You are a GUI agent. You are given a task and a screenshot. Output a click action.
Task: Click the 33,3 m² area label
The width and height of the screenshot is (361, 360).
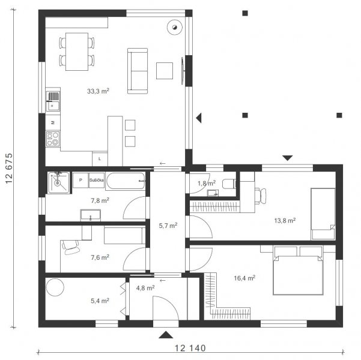coord(98,91)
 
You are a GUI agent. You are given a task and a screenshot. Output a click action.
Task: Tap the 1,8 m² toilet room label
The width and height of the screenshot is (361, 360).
coord(207,183)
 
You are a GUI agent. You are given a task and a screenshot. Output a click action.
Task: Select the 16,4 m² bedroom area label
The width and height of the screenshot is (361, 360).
coord(244,278)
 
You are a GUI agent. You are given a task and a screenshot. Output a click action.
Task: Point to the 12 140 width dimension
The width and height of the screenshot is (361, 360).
coord(190,348)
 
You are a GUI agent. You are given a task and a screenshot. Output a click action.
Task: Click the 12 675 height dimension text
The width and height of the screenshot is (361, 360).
coord(9,168)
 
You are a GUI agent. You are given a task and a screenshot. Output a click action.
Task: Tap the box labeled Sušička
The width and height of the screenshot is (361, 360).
coord(97,180)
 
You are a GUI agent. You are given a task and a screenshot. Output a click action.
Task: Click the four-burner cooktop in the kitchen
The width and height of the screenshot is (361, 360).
coord(53,139)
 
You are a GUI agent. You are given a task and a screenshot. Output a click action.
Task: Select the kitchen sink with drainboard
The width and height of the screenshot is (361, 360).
coord(53,101)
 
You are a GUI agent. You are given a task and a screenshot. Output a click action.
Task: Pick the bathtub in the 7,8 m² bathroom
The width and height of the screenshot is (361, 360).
coord(126,181)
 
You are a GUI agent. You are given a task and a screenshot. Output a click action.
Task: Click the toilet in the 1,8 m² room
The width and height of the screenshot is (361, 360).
coord(229,184)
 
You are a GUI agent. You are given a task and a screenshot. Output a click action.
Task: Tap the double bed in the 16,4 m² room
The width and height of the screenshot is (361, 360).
coord(298,270)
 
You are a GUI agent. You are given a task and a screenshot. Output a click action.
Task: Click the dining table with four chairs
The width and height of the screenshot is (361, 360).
coord(77,52)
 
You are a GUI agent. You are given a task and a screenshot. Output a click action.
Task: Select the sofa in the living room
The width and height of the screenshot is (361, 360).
coord(138,71)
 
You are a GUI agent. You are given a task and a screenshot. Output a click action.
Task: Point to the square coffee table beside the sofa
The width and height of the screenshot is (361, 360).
coord(165,71)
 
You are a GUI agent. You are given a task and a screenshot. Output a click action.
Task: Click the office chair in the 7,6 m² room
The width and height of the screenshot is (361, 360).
coord(70,247)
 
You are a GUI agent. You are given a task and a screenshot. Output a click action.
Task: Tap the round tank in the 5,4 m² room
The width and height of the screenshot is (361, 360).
coord(55,287)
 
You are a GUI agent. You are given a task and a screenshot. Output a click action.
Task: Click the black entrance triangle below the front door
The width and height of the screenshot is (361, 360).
coord(166,335)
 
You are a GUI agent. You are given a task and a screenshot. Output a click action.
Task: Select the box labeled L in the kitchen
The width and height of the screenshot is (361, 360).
coord(100,159)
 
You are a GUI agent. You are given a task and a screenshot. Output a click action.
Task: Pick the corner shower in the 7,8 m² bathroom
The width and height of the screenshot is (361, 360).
coord(58,182)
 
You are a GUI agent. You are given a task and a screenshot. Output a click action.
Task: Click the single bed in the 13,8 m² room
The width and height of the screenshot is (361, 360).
coord(323,214)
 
